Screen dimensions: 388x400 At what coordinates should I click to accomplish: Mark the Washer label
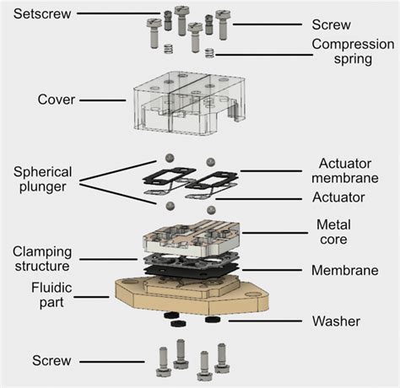(336, 321)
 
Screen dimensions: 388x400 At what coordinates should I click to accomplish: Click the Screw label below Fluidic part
(51, 360)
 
